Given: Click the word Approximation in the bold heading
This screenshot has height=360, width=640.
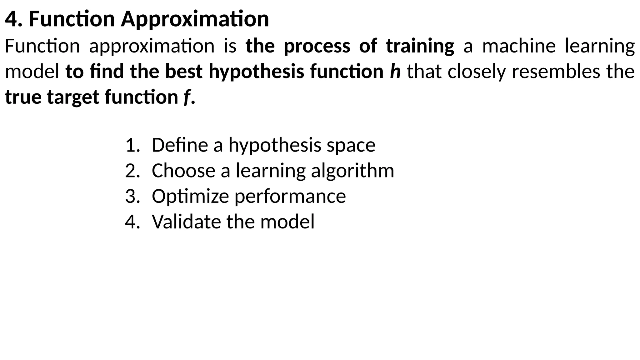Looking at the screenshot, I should click(x=195, y=19).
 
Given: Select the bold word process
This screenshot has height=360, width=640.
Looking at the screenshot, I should click(x=317, y=46).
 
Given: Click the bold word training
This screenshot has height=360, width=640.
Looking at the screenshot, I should click(x=420, y=46).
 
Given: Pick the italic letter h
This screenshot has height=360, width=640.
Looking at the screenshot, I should click(x=395, y=72).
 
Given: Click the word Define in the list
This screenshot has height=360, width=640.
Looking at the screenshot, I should click(x=180, y=145).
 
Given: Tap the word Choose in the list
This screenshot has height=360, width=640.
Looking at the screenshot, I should click(x=183, y=171).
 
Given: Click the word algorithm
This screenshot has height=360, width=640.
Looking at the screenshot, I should click(x=352, y=171).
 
